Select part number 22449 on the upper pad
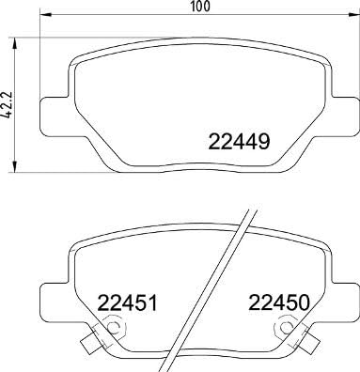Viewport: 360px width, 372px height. [240, 144]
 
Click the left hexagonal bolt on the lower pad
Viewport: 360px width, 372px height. [111, 330]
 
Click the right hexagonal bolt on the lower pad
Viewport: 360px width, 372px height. [282, 330]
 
